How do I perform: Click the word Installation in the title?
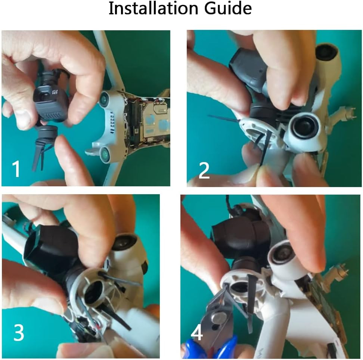pos(153,8)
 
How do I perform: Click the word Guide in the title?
pos(228,8)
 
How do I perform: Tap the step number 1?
pos(16,169)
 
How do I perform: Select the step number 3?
pos(19,332)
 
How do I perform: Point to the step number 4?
pos(197,333)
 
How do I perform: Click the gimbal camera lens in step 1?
pos(44,96)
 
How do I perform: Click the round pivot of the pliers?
pos(218,318)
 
